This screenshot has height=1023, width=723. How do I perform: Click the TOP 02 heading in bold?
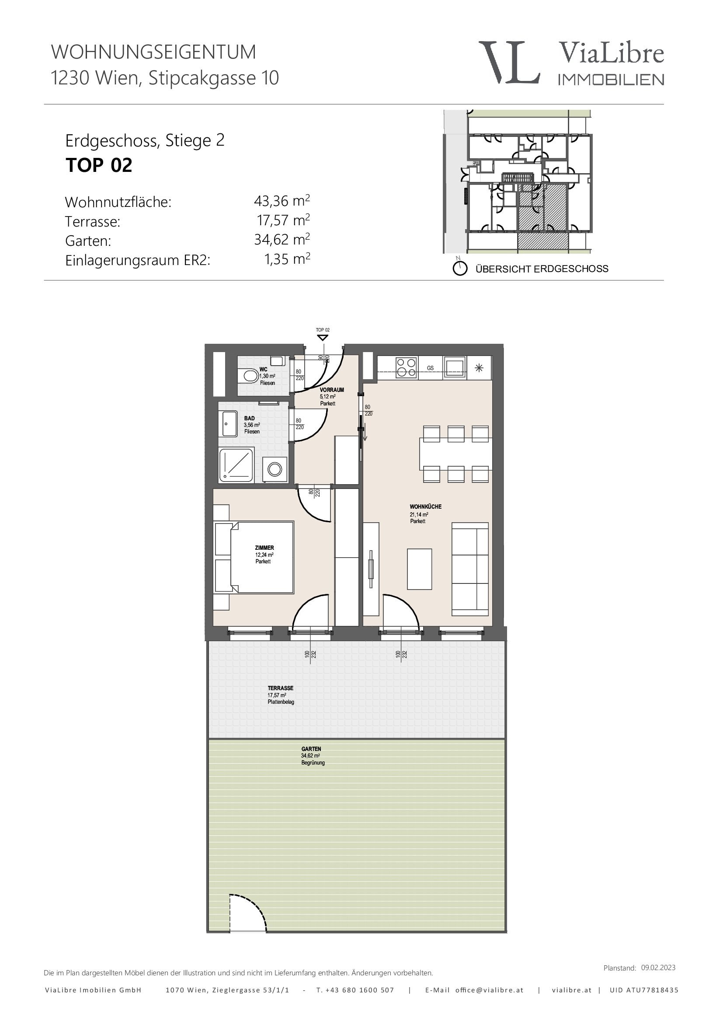point(99,165)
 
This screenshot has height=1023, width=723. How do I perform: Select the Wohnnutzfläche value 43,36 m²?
point(282,201)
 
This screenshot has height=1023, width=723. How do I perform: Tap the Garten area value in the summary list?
point(282,240)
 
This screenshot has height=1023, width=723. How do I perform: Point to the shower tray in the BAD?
point(236,465)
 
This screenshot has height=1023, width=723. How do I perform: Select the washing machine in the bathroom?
point(275,469)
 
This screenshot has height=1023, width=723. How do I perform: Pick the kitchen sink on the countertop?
point(455,367)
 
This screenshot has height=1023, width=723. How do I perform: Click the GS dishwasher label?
point(430,368)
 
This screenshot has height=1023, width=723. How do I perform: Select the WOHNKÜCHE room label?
point(426,506)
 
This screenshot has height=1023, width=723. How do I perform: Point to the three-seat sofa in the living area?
point(470,569)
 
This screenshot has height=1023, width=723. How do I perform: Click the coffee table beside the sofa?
point(419,569)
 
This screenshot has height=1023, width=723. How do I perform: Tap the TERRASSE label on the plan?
point(281,688)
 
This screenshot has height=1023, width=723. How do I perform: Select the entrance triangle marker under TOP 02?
point(323,338)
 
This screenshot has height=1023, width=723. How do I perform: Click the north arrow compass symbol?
point(460,268)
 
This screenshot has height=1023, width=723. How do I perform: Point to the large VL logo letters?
point(509,62)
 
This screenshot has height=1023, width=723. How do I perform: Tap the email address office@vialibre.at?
point(489,990)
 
